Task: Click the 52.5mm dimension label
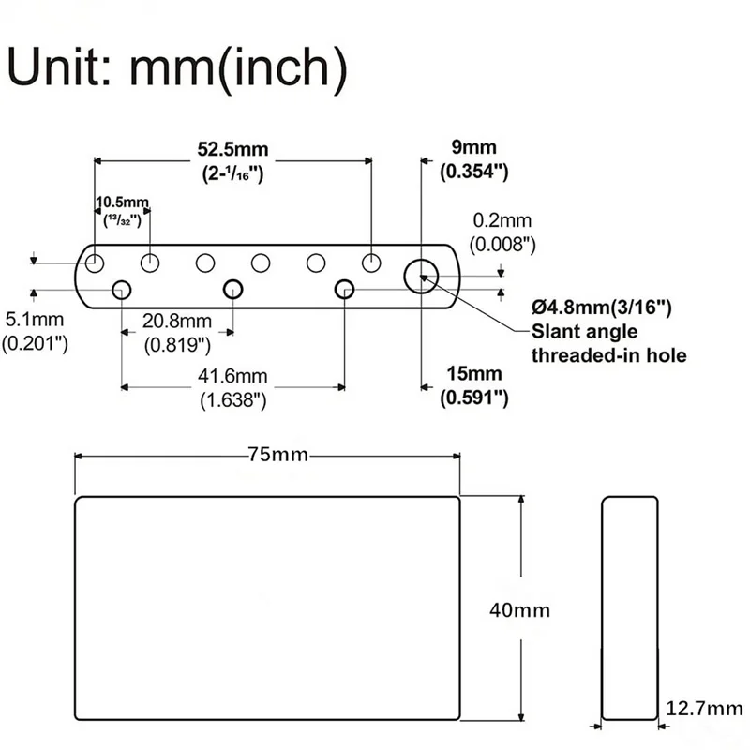(232, 148)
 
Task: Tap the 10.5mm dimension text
(123, 202)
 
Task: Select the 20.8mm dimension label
(177, 322)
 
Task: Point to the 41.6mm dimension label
(233, 376)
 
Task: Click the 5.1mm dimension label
(27, 319)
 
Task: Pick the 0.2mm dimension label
(502, 221)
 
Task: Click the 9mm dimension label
(473, 147)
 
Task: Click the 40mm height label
(519, 609)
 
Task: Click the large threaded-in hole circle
(422, 276)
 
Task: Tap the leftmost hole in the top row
(95, 262)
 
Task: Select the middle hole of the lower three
(232, 290)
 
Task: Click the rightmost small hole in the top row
(371, 262)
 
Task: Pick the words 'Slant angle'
(584, 331)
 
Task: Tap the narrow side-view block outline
(629, 608)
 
